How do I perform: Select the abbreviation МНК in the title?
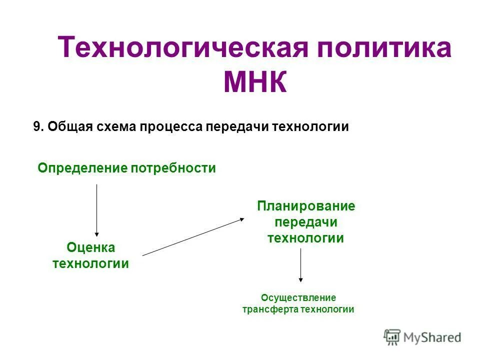(255, 82)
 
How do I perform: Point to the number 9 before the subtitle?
(36, 126)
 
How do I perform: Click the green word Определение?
(82, 168)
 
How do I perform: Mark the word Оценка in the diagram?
(90, 247)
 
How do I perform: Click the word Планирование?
(306, 206)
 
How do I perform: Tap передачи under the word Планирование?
(306, 222)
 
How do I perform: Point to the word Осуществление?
(298, 298)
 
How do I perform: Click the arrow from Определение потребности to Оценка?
(96, 210)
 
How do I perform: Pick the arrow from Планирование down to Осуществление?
(300, 265)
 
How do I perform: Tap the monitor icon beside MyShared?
(392, 337)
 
